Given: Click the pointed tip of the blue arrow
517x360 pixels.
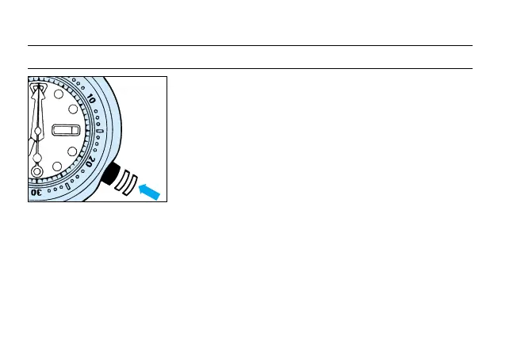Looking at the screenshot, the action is tap(140, 187).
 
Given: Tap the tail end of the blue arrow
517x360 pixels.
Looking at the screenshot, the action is tap(159, 198).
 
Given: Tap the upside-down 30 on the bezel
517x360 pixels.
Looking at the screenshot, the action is tap(38, 193).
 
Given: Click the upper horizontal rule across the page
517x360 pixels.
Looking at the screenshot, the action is tap(250, 45).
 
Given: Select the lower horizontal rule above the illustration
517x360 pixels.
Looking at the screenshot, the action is tap(250, 68).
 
